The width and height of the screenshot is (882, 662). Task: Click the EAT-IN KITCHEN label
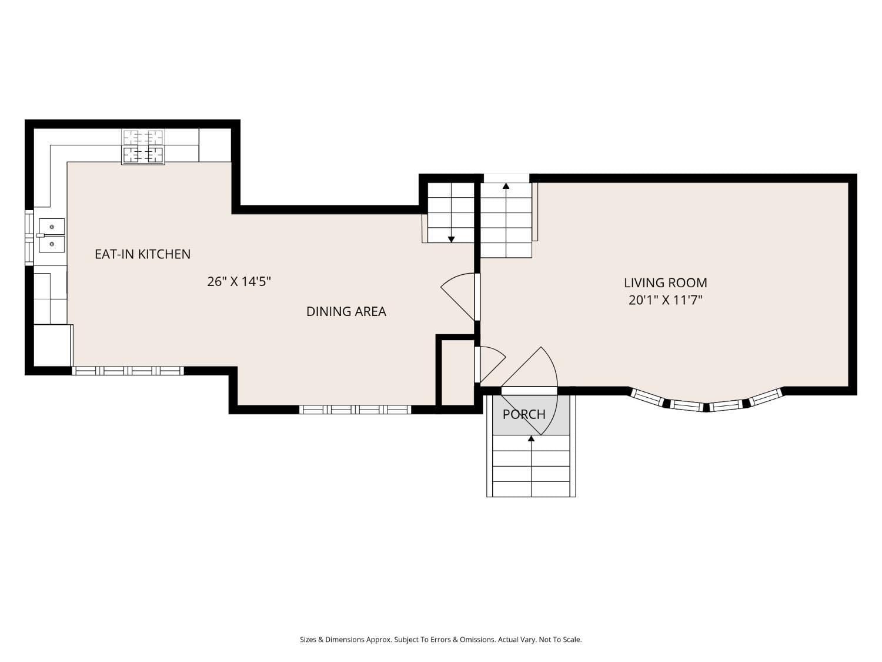click(142, 254)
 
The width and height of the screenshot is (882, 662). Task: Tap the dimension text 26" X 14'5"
click(239, 281)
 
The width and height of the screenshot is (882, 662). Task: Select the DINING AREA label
click(346, 311)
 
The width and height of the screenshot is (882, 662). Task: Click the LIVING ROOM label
click(665, 282)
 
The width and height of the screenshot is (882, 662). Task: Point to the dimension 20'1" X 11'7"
click(665, 300)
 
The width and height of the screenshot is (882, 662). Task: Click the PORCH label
click(523, 414)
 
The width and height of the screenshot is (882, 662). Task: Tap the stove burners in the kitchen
click(143, 147)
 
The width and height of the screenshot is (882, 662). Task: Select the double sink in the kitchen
click(51, 235)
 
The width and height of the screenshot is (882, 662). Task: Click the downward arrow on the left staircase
click(451, 239)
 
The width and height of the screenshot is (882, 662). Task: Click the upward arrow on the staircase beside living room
click(506, 187)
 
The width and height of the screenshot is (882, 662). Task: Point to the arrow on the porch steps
click(531, 438)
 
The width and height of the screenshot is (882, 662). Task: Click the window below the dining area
click(355, 410)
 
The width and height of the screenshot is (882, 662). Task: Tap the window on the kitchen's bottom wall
click(128, 371)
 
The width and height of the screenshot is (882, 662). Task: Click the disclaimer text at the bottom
click(440, 640)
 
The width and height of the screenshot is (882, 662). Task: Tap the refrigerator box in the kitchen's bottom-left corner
click(52, 345)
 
